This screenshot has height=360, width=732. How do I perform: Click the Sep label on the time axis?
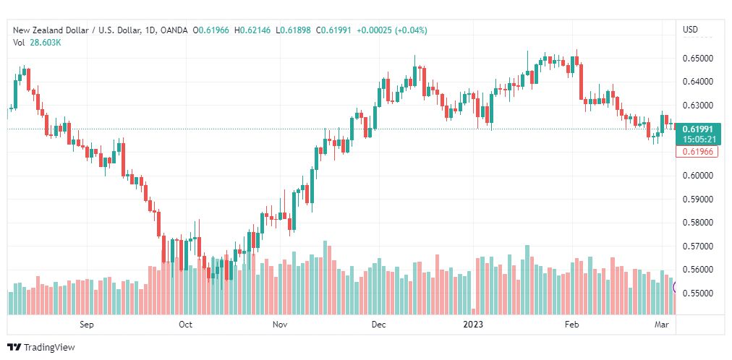[x=87, y=325]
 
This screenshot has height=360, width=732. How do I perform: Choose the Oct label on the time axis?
[x=186, y=325]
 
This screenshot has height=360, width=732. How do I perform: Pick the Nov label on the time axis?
[x=281, y=325]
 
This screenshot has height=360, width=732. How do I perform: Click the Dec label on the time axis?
[x=378, y=325]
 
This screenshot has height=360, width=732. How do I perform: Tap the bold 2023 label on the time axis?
[x=474, y=325]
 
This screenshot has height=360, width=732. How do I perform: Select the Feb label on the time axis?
[x=572, y=325]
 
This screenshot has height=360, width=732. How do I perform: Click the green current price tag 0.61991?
[x=698, y=129]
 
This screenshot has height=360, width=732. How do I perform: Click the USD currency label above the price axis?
[x=690, y=30]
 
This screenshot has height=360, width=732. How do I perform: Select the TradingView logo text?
[x=49, y=348]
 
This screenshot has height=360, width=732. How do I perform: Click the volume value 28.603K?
[x=46, y=42]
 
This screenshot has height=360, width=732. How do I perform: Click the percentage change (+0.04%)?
[x=410, y=30]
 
